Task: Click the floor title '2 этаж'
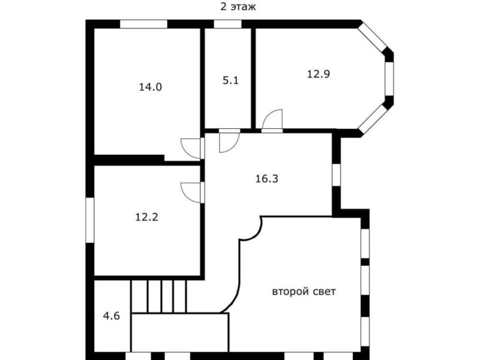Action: pos(238,7)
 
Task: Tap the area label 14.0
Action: pos(151,87)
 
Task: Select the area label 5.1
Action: pos(230,80)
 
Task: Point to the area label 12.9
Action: pos(319,74)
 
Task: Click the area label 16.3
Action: pos(266,178)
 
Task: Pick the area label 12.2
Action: pos(146,217)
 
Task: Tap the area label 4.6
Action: pos(111,316)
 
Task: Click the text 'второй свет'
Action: pos(304,292)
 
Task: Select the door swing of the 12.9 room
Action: pos(272,119)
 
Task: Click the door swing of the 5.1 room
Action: pos(230,142)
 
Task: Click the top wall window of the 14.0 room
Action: pos(143,24)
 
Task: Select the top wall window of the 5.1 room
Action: pos(227,24)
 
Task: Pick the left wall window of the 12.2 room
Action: pos(89,220)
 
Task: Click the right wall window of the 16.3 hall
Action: pos(337,175)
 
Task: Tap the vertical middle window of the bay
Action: pos(389,79)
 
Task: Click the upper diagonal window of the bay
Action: pos(372,37)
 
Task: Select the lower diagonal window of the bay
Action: pos(372,119)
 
